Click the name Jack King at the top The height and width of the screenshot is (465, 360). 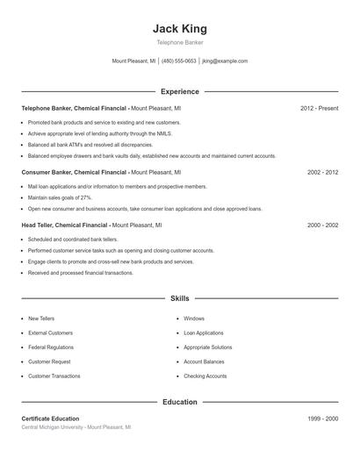180,29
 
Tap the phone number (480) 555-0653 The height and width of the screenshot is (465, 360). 179,61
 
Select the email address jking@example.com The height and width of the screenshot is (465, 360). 225,61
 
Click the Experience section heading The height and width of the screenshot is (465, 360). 180,91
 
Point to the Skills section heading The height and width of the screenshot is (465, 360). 180,299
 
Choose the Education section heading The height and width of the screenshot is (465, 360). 180,402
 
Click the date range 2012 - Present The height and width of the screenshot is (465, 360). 319,108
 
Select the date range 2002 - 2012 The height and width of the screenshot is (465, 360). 322,173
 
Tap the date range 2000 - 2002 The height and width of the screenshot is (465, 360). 322,225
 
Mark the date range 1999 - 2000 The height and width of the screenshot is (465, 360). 322,418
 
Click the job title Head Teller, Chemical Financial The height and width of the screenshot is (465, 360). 74,225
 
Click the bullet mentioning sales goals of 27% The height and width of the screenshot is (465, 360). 60,198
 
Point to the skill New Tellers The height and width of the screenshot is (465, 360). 41,318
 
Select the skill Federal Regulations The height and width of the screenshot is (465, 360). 50,347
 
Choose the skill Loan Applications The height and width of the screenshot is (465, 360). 204,333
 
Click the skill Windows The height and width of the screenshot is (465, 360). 194,318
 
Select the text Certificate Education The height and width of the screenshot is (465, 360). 50,418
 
